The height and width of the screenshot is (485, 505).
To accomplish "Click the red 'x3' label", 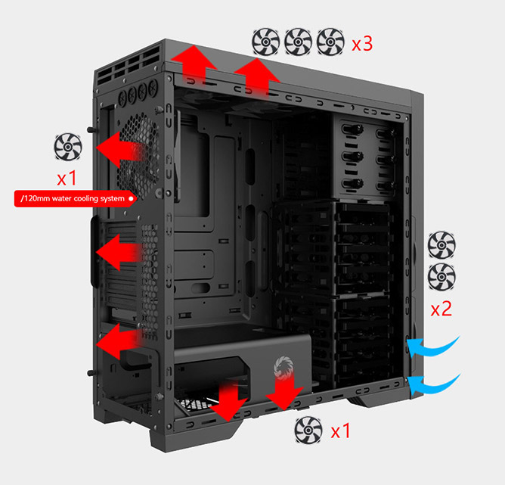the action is [362, 43].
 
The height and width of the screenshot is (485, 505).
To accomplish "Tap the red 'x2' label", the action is [441, 309].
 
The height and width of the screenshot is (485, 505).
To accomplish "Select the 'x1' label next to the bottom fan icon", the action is [341, 431].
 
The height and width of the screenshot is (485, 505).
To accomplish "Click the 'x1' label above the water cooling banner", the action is [67, 178].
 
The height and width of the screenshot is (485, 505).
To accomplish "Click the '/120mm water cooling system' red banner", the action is [76, 198].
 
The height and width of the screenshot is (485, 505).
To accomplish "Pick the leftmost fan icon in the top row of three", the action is [265, 42].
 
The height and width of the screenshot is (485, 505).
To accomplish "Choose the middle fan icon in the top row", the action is [298, 42].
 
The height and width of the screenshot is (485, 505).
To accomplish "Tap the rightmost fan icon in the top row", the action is [330, 42].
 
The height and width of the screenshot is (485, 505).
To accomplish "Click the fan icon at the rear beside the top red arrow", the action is [68, 147].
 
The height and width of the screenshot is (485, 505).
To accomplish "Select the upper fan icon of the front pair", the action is [441, 245].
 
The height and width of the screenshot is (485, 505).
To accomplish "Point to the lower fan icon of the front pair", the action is [441, 277].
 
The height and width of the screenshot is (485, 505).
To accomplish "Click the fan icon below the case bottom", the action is [308, 431].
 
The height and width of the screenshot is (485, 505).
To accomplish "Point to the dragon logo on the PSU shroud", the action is [283, 368].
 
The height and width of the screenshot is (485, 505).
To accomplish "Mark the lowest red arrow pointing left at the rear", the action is [119, 341].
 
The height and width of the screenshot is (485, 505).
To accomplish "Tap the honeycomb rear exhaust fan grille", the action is [138, 157].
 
